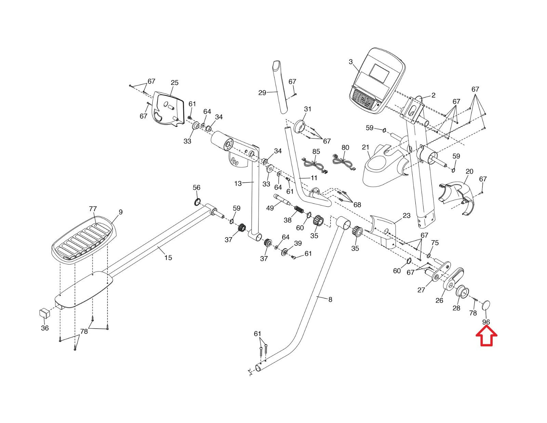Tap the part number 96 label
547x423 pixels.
pyautogui.click(x=486, y=322)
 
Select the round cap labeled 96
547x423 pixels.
pyautogui.click(x=486, y=305)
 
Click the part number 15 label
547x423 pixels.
pyautogui.click(x=168, y=258)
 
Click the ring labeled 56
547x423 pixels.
pyautogui.click(x=197, y=202)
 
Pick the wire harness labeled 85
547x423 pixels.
pyautogui.click(x=313, y=164)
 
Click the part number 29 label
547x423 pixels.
pyautogui.click(x=262, y=92)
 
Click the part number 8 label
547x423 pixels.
pyautogui.click(x=330, y=299)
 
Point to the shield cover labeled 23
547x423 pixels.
pyautogui.click(x=385, y=230)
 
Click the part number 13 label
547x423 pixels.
pyautogui.click(x=238, y=183)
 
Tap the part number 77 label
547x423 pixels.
pyautogui.click(x=93, y=209)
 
